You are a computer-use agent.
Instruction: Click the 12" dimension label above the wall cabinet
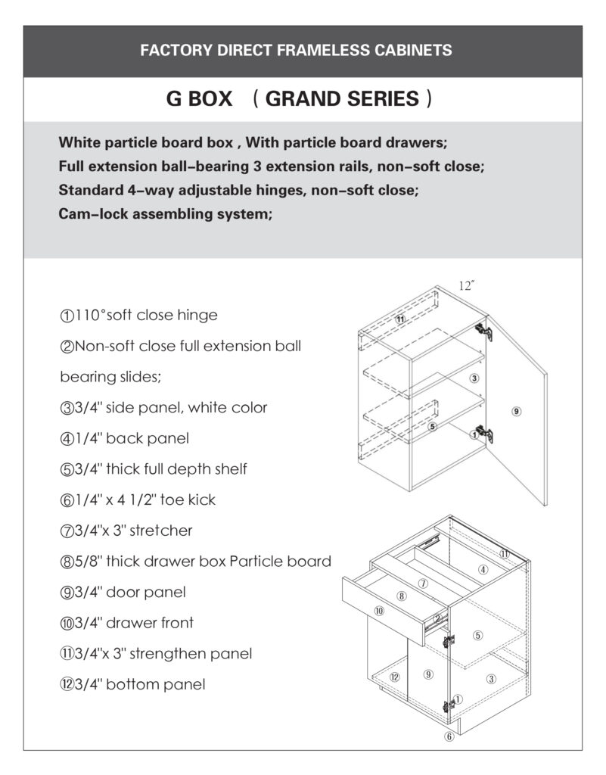tap(467, 286)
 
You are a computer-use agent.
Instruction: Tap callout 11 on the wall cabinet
tap(401, 319)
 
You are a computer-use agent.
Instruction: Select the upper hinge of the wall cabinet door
tap(482, 331)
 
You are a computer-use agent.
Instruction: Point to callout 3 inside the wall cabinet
tap(474, 378)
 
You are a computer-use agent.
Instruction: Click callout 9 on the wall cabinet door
tap(516, 411)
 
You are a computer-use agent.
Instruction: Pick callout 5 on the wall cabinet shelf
tap(433, 426)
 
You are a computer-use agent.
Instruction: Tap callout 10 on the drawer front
tap(379, 610)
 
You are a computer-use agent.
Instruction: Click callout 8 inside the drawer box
tap(402, 596)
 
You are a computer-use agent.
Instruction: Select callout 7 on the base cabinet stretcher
tap(424, 584)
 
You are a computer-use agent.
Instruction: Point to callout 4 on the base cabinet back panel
tap(483, 568)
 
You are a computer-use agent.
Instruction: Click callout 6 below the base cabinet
tap(449, 736)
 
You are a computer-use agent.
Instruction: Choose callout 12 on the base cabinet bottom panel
tap(394, 676)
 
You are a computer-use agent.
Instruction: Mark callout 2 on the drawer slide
tap(437, 618)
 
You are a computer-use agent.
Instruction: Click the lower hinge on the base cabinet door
tap(453, 705)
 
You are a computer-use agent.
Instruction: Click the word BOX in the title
tap(210, 99)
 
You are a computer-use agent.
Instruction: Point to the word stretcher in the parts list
tap(161, 531)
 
